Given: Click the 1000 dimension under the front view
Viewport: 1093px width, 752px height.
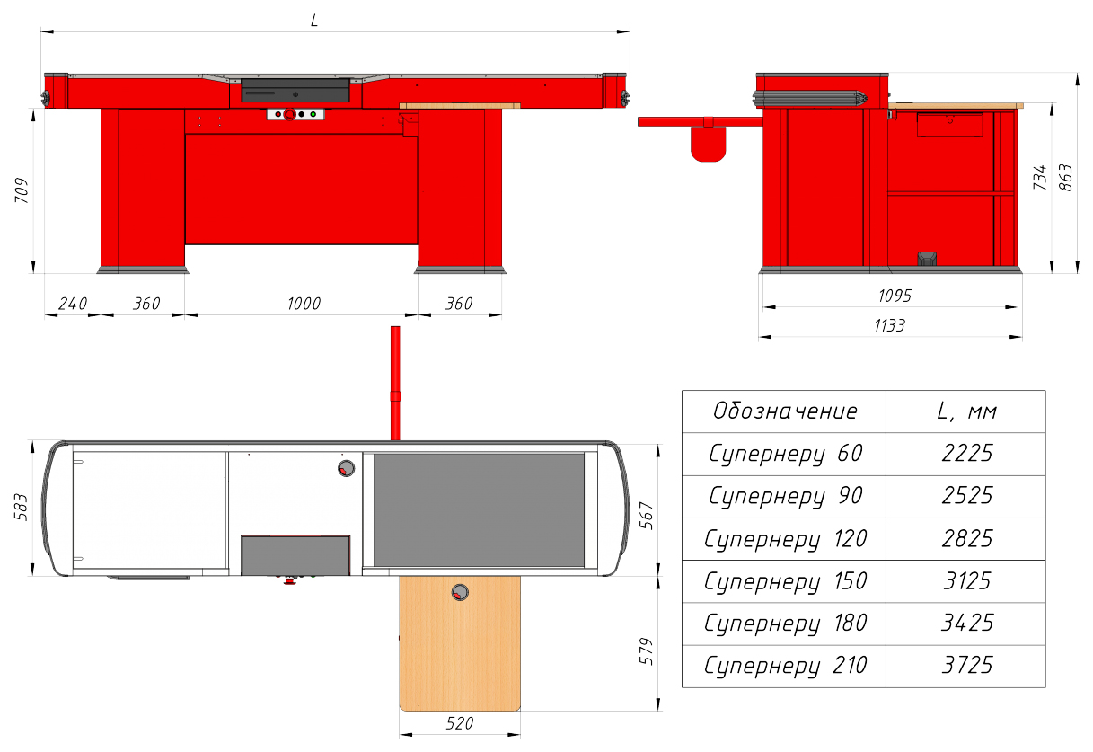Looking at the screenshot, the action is click(x=304, y=304).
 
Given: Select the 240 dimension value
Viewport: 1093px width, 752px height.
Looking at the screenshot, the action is click(x=73, y=304).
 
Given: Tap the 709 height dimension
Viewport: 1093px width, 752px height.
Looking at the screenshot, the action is click(x=22, y=190).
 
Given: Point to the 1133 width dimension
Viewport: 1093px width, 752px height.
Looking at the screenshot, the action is click(x=889, y=325).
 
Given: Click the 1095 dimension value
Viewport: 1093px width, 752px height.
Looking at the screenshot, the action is click(x=895, y=296).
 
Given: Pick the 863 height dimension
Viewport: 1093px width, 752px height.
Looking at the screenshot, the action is click(x=1066, y=178).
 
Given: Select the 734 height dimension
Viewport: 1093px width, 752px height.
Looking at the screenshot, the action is click(x=1039, y=178).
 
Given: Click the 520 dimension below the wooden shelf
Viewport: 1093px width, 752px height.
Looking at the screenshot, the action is click(x=460, y=723).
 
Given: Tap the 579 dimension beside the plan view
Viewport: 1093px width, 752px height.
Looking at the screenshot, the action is click(x=646, y=651).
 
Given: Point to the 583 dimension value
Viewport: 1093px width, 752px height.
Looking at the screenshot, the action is click(x=21, y=507).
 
